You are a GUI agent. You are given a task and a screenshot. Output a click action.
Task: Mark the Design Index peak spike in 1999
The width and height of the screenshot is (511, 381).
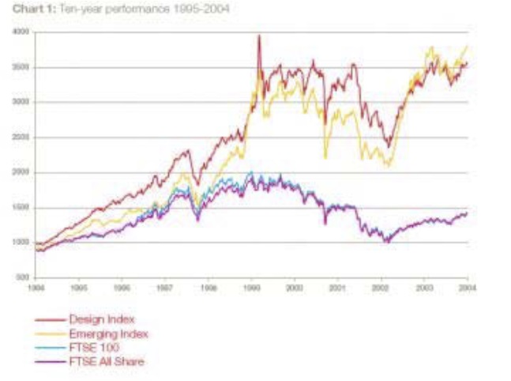[x=259, y=36]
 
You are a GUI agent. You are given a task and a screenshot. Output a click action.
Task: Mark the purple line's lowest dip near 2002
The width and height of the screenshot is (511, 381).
[x=386, y=242]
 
